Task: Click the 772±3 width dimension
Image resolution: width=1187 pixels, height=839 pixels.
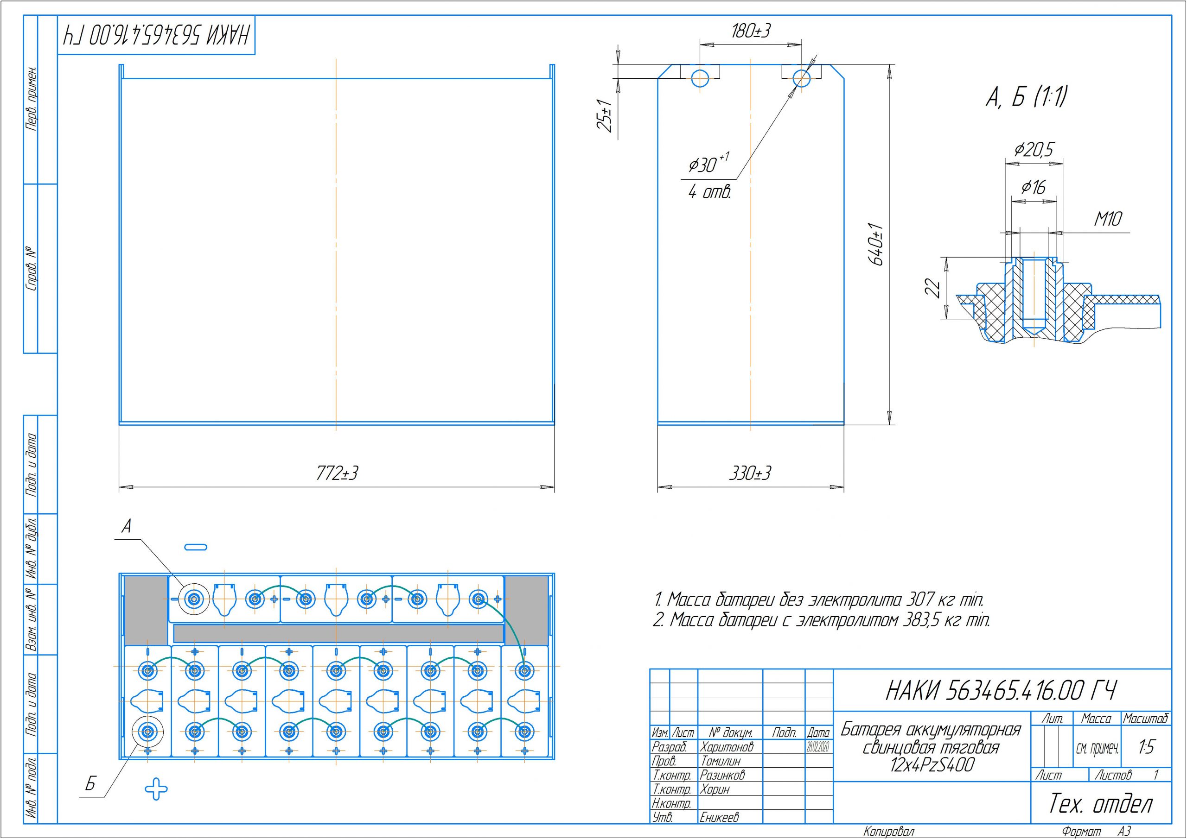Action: point(337,473)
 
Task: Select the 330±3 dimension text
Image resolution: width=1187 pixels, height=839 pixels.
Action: point(750,473)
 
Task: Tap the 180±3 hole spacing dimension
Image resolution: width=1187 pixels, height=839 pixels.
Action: point(750,32)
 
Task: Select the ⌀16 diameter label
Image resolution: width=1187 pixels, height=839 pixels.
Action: point(1034,187)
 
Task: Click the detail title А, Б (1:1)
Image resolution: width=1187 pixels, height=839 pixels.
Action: point(1026,98)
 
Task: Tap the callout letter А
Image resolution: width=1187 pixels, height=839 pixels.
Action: point(126,526)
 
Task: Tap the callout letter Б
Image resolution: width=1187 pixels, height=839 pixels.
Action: point(90,785)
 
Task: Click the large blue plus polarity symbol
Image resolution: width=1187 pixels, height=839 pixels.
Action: point(156,789)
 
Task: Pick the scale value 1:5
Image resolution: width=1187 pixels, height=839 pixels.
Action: point(1147,747)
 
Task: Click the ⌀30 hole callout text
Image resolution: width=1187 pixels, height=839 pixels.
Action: point(708,164)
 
